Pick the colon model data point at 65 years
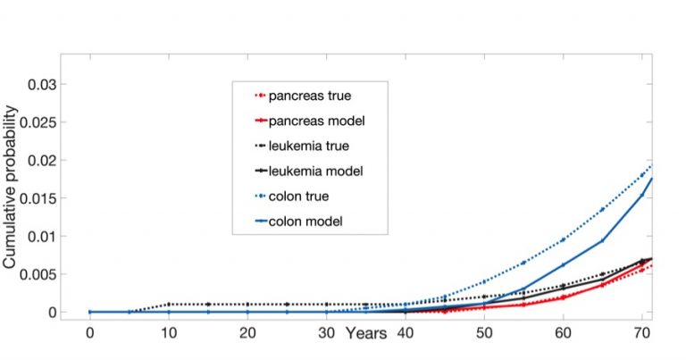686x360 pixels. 602,240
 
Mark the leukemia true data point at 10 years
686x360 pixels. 169,305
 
